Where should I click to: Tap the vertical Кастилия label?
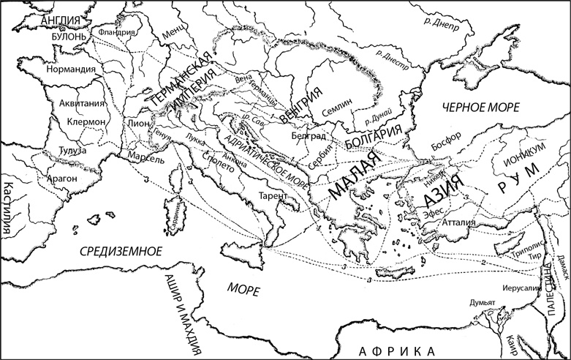8,209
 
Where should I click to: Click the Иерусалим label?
521,288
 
